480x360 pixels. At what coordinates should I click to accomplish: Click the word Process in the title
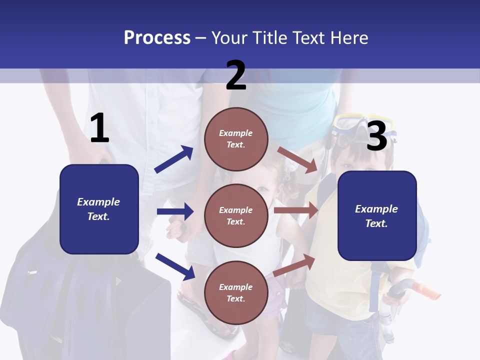pyautogui.click(x=157, y=38)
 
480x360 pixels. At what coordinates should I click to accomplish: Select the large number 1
pyautogui.click(x=99, y=128)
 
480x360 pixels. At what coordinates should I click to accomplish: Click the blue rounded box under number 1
pyautogui.click(x=99, y=209)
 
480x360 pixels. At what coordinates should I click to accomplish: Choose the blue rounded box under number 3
pyautogui.click(x=377, y=215)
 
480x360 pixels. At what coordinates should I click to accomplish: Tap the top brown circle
pyautogui.click(x=236, y=139)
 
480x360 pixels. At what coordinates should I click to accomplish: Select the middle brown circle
pyautogui.click(x=236, y=215)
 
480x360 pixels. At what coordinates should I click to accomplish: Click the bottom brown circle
pyautogui.click(x=236, y=292)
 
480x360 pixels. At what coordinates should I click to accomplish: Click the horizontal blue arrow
pyautogui.click(x=175, y=211)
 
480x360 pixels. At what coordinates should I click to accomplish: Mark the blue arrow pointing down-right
pyautogui.click(x=175, y=266)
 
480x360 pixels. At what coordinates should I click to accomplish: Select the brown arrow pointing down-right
pyautogui.click(x=297, y=159)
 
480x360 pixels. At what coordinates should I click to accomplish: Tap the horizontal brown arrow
pyautogui.click(x=296, y=210)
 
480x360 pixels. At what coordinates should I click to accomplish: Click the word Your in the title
pyautogui.click(x=230, y=38)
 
